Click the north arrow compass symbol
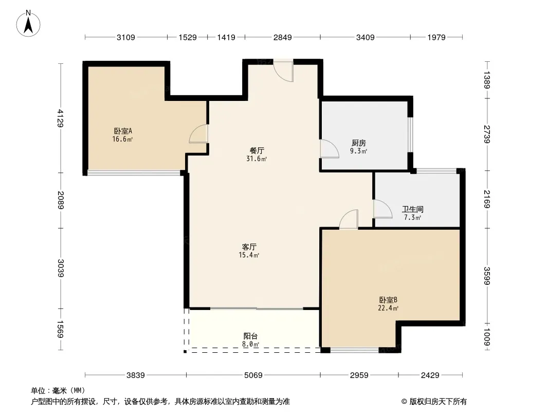pyautogui.click(x=28, y=24)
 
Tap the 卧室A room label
pyautogui.click(x=123, y=131)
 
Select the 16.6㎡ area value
pyautogui.click(x=122, y=140)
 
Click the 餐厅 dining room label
pyautogui.click(x=257, y=150)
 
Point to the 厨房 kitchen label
pyautogui.click(x=359, y=143)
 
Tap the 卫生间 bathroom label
pyautogui.click(x=413, y=209)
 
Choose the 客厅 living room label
pyautogui.click(x=249, y=247)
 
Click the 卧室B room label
pyautogui.click(x=388, y=300)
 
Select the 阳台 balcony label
pyautogui.click(x=250, y=336)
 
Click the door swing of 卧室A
pyautogui.click(x=198, y=134)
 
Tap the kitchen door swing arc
pyautogui.click(x=330, y=149)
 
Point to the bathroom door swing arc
pyautogui.click(x=382, y=209)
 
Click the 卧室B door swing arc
pyautogui.click(x=349, y=219)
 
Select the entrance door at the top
pyautogui.click(x=283, y=72)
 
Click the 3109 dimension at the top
pyautogui.click(x=126, y=37)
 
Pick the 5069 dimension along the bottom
pyautogui.click(x=253, y=375)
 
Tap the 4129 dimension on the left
pyautogui.click(x=61, y=118)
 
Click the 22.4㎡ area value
pyautogui.click(x=388, y=308)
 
